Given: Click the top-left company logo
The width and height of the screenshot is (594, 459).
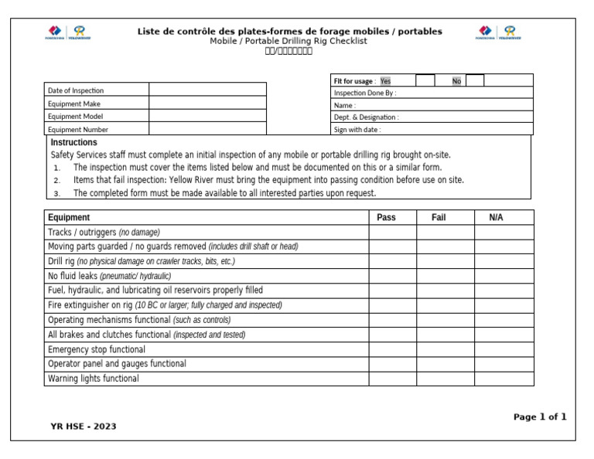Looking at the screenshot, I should [67, 32].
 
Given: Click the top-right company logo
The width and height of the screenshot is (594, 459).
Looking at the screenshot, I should [498, 32].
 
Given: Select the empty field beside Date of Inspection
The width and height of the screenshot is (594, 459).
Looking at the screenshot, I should [207, 90].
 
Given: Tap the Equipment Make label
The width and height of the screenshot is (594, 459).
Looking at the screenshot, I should [74, 104].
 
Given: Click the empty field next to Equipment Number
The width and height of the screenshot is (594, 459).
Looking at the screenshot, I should [207, 130].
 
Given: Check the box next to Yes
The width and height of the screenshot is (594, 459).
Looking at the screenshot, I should [425, 80].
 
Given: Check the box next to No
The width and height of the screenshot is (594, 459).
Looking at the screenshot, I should [475, 80].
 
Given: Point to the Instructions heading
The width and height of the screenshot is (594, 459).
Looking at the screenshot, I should [73, 142].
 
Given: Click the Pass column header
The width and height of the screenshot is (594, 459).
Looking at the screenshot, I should [386, 217].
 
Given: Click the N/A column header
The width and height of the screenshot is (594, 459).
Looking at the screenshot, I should [496, 217].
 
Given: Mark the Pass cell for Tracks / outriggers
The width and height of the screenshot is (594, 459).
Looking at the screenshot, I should [392, 232].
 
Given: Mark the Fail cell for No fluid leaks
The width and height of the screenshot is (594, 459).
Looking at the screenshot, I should [445, 276].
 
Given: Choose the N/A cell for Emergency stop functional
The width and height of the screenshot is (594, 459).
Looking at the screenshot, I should [504, 349].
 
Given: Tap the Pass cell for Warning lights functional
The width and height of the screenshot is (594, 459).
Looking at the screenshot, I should [392, 379].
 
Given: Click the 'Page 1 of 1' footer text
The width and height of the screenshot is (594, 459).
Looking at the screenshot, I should [540, 416].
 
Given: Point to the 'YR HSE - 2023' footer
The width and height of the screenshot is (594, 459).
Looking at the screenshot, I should [84, 426].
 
